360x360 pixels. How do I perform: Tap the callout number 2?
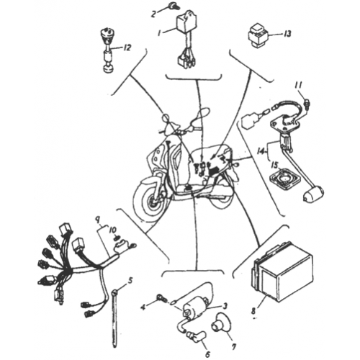(x=153, y=14)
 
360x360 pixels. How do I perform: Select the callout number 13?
(x=288, y=34)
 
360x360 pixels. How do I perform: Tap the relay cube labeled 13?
(x=260, y=34)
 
